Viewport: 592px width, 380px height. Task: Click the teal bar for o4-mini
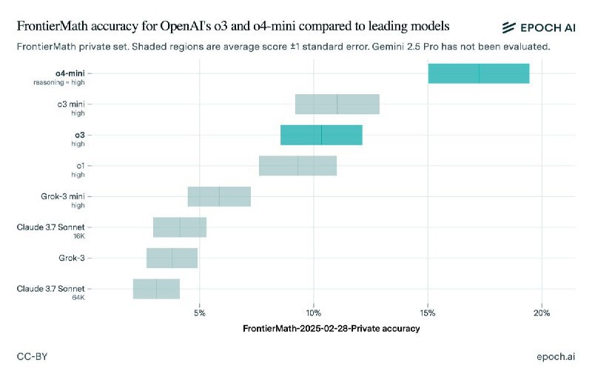(x=479, y=73)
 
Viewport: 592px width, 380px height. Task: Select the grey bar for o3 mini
(x=337, y=104)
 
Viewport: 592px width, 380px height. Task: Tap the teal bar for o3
(x=321, y=135)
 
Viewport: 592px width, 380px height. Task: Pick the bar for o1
(x=297, y=166)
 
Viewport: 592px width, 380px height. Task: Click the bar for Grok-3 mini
(x=219, y=196)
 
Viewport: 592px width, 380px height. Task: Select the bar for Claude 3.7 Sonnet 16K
(x=180, y=227)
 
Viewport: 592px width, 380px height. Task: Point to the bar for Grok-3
(x=172, y=258)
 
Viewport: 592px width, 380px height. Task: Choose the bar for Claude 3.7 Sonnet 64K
(x=156, y=289)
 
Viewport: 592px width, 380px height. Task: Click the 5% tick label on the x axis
(x=200, y=313)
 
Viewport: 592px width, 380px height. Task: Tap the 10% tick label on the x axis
(x=314, y=313)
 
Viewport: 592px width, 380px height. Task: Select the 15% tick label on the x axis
(x=428, y=313)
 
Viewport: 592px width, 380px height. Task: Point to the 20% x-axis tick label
(x=542, y=313)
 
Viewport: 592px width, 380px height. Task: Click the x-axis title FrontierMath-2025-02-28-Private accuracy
(x=331, y=328)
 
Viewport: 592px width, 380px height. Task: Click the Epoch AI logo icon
(x=508, y=27)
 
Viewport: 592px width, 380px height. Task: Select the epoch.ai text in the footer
(x=556, y=357)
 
